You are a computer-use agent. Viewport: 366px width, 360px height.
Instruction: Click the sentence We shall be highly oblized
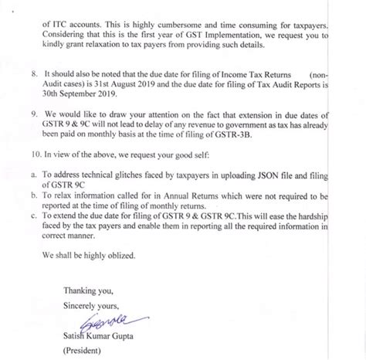(x=87, y=256)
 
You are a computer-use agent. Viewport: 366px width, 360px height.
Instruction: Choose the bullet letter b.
(x=30, y=196)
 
